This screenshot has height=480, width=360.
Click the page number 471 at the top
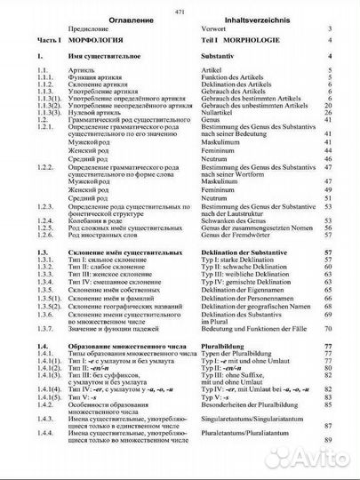[x=180, y=6]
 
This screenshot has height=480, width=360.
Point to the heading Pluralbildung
[x=228, y=344]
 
